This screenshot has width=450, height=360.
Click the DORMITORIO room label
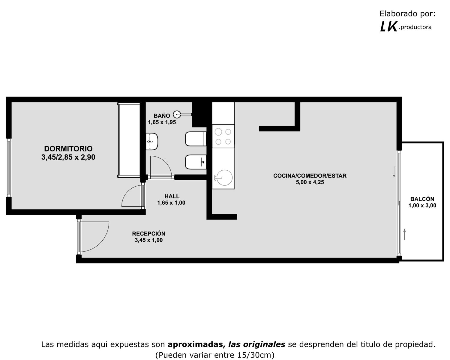tap(68, 149)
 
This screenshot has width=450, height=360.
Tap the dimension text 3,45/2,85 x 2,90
tap(68, 157)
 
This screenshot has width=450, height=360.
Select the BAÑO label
tap(162, 115)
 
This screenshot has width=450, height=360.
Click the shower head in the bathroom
tap(177, 114)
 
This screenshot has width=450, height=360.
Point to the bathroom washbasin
tap(152, 141)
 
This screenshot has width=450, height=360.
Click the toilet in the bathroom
tap(196, 139)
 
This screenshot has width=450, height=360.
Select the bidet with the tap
tap(196, 162)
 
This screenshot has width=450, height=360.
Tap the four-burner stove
tap(223, 136)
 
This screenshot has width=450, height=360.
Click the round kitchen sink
tap(223, 178)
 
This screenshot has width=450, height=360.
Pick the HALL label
tap(172, 196)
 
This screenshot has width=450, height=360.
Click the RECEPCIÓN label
tap(148, 233)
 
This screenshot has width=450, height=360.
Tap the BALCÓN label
tap(422, 199)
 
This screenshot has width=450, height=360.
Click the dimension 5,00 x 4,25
tap(310, 182)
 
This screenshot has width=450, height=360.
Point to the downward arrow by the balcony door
tap(394, 172)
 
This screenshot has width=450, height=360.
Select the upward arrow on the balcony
tap(404, 235)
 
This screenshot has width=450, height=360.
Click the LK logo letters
tap(388, 27)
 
